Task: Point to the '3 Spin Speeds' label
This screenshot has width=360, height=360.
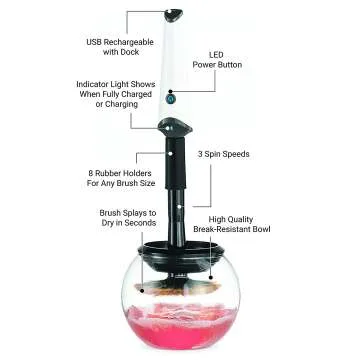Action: coord(223,155)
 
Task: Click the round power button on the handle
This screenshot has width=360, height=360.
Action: coord(171,98)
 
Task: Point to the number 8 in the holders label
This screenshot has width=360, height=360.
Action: coord(89,171)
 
